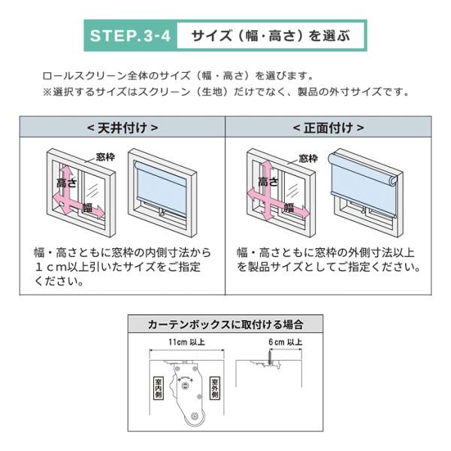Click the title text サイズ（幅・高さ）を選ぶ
[271, 35]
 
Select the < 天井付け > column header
[122, 127]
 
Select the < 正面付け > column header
[328, 127]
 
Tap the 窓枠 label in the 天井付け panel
[106, 156]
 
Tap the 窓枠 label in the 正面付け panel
[308, 158]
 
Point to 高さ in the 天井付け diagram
[68, 183]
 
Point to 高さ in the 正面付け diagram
[268, 182]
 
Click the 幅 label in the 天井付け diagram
[88, 207]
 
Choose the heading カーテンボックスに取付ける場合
[225, 325]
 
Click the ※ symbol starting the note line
[47, 92]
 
